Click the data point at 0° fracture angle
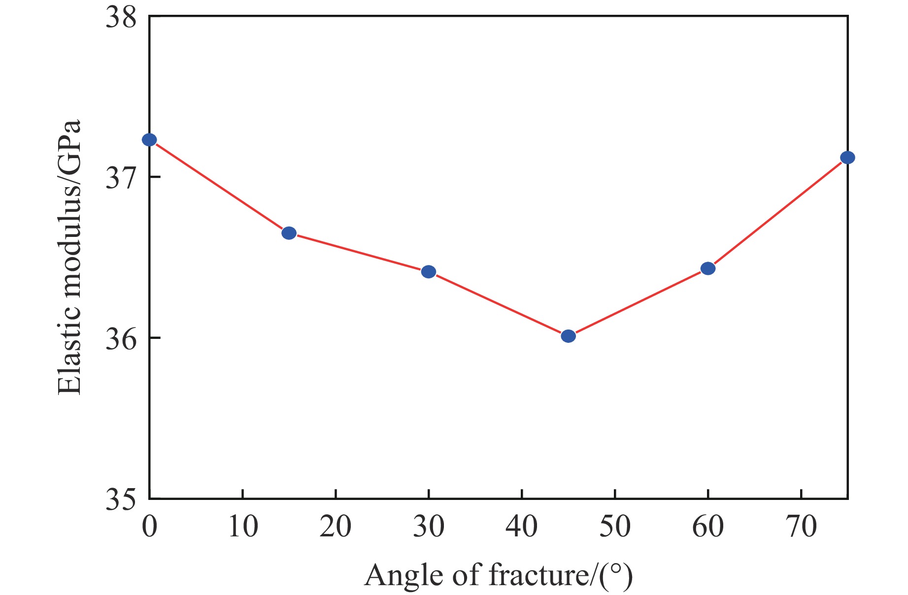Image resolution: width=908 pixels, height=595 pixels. tap(149, 140)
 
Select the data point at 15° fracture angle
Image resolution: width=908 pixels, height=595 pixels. tap(289, 233)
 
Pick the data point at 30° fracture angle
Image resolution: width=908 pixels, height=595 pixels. tap(429, 271)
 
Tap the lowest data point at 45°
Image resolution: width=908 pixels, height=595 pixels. tap(568, 336)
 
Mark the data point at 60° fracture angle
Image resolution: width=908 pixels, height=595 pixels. tap(707, 268)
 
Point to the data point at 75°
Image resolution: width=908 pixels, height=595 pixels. tap(847, 158)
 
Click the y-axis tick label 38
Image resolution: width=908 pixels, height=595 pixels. tap(121, 18)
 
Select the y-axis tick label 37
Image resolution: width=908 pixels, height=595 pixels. tap(121, 178)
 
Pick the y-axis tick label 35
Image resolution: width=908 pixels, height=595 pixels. tap(121, 499)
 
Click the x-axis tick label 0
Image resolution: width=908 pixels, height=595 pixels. tap(149, 527)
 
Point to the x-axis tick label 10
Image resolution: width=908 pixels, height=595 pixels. tap(243, 527)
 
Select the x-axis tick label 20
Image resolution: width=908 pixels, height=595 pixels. tap(336, 527)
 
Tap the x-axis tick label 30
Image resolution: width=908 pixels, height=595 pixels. tap(429, 527)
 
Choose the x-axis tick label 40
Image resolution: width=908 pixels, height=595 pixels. tap(522, 527)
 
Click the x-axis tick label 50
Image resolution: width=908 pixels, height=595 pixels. tap(615, 527)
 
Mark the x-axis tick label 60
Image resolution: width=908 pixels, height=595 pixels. tap(708, 527)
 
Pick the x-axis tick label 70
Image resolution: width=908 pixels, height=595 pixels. tap(801, 527)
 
